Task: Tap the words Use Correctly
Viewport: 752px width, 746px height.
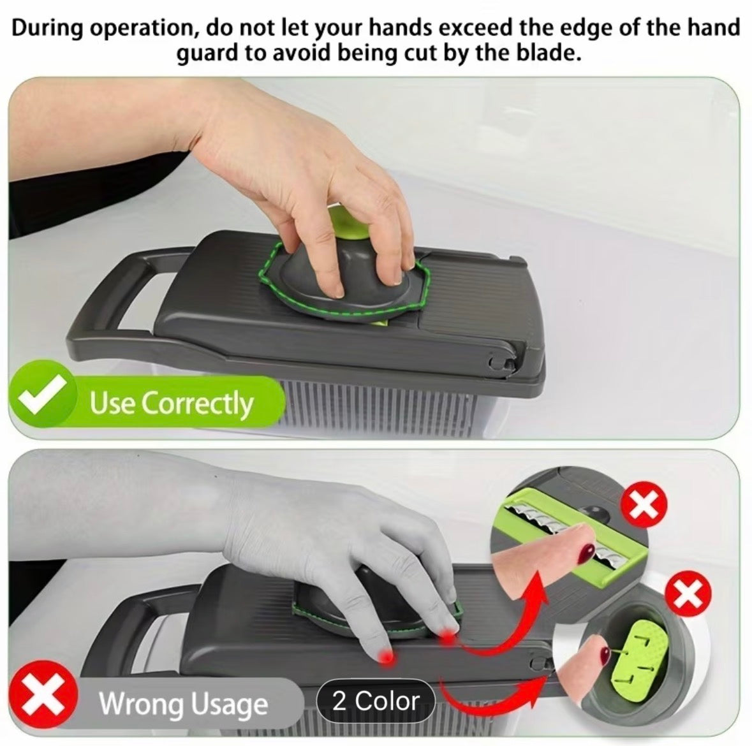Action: pos(171,403)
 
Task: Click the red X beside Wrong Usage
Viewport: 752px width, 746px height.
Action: pos(43,694)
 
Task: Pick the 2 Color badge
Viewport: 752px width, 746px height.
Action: pos(376,701)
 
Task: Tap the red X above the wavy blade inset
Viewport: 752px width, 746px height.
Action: pos(644,506)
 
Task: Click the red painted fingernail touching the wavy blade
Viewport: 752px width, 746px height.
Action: pos(584,553)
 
